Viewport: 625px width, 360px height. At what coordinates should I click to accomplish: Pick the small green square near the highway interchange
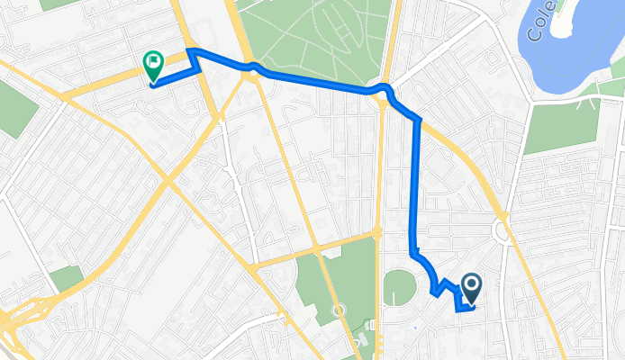tap(65, 279)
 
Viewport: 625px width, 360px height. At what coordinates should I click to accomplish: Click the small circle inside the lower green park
tap(340, 310)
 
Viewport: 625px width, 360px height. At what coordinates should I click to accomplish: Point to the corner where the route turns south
tap(418, 119)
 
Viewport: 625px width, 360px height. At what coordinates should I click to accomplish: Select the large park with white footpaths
tap(315, 40)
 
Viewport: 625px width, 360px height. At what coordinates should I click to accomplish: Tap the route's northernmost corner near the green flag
tap(190, 51)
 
